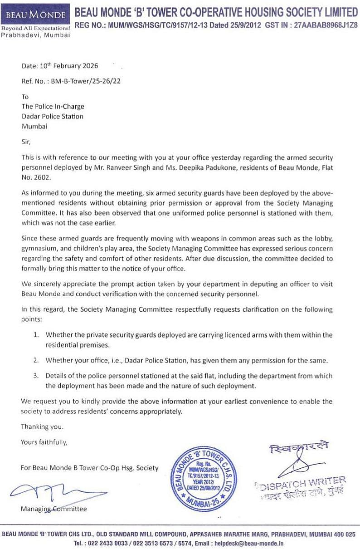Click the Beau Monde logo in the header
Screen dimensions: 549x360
click(x=36, y=15)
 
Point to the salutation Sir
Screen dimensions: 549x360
click(x=25, y=142)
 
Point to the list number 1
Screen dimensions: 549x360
click(x=36, y=335)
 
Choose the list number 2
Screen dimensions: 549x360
click(x=36, y=360)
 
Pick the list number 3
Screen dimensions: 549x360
click(x=36, y=376)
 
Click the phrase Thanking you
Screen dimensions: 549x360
click(x=42, y=427)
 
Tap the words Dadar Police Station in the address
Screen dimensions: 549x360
click(x=53, y=116)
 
